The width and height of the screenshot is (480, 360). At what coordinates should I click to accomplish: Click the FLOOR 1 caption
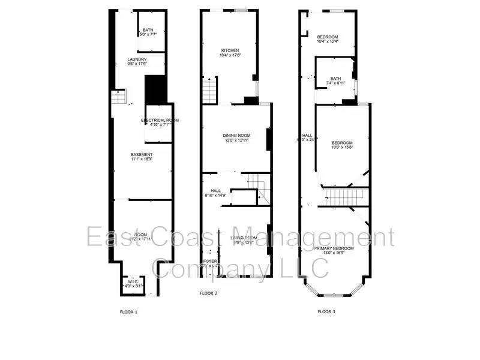129,312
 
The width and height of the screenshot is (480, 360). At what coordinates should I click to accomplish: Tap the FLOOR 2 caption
208,293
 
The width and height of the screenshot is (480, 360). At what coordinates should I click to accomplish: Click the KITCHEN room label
230,50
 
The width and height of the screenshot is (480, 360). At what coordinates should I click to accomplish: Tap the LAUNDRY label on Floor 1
137,59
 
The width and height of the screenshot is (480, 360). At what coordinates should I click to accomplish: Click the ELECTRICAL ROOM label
160,121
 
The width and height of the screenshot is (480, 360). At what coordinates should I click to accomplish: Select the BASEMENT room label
142,155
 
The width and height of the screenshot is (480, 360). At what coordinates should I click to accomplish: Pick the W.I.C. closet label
130,281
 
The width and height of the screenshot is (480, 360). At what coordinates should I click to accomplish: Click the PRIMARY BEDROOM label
334,248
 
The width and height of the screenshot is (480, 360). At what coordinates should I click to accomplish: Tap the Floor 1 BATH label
148,30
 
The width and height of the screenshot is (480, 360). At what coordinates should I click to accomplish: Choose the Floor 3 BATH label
335,78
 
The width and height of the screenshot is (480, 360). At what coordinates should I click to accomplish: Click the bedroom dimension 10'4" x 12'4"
328,41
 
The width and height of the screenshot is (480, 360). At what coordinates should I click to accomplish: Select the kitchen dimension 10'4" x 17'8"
230,56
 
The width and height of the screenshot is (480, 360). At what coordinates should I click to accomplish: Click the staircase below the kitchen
208,91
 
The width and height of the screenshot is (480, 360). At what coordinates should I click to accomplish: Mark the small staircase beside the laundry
119,97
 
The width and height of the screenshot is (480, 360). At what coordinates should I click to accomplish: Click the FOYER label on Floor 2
209,262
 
